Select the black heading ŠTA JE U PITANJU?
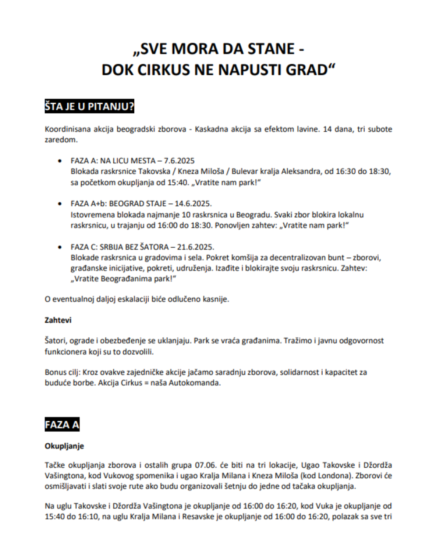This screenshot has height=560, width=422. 89,107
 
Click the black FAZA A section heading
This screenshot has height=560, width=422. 62,425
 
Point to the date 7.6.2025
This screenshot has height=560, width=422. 179,161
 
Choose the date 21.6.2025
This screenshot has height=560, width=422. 196,247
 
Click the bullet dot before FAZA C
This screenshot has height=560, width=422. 61,247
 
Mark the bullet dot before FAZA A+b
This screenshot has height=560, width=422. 61,204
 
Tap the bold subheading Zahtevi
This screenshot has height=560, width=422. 58,320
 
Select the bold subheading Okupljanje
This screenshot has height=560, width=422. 64,446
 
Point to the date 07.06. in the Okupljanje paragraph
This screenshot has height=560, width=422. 205,465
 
